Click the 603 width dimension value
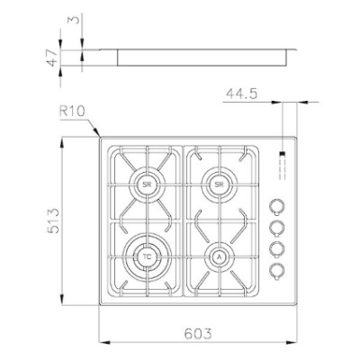198,333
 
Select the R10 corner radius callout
72,112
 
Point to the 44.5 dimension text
242,94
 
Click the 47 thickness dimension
51,58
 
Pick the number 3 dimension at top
76,20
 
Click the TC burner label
147,256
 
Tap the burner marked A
220,256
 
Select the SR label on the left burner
147,184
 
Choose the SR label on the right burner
220,184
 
